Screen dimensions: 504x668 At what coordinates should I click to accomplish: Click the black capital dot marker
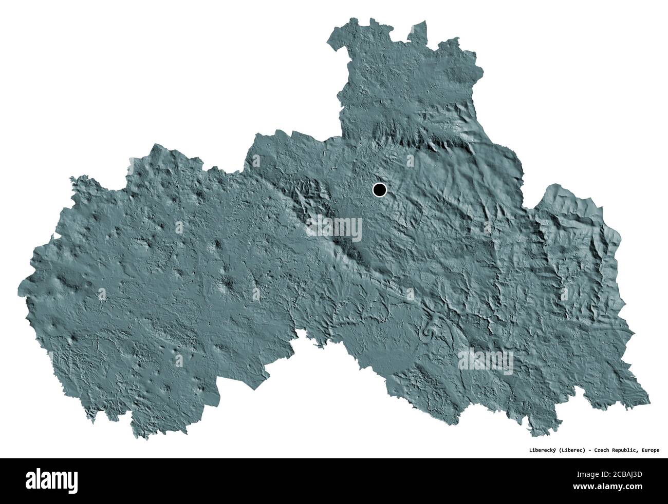[379, 190]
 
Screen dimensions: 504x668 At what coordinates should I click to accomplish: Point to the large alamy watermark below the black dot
[335, 226]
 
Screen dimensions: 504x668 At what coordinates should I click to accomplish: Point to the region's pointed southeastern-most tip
[648, 401]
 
